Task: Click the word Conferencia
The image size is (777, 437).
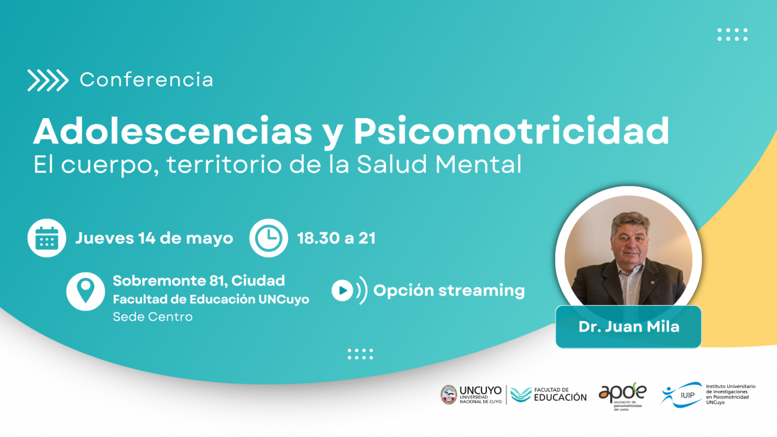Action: click(x=146, y=80)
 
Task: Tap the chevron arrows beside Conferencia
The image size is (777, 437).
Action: click(x=48, y=80)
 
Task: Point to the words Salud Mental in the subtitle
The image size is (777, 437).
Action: click(x=439, y=165)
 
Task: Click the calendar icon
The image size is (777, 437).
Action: click(x=47, y=238)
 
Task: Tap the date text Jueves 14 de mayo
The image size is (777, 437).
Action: click(x=154, y=239)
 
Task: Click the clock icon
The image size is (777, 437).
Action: click(x=268, y=238)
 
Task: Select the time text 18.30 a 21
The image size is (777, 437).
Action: click(x=336, y=239)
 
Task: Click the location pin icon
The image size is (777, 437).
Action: click(x=85, y=291)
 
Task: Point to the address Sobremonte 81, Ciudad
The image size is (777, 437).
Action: click(x=198, y=281)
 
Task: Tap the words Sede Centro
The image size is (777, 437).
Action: click(x=153, y=317)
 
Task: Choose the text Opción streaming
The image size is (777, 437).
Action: click(x=449, y=291)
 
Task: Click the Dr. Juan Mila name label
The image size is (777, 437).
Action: click(x=628, y=327)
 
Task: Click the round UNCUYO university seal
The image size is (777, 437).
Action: click(x=448, y=394)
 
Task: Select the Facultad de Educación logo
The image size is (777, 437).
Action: click(x=549, y=394)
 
